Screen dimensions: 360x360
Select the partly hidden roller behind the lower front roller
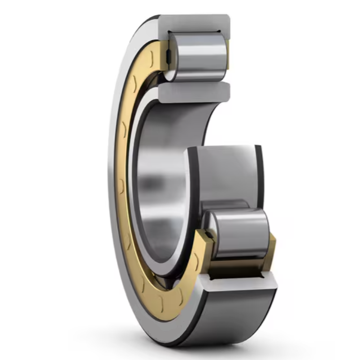pyautogui.click(x=226, y=205)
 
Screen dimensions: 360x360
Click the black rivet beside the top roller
pyautogui.click(x=169, y=56)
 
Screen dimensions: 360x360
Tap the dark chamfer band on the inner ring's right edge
pyautogui.click(x=259, y=175)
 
